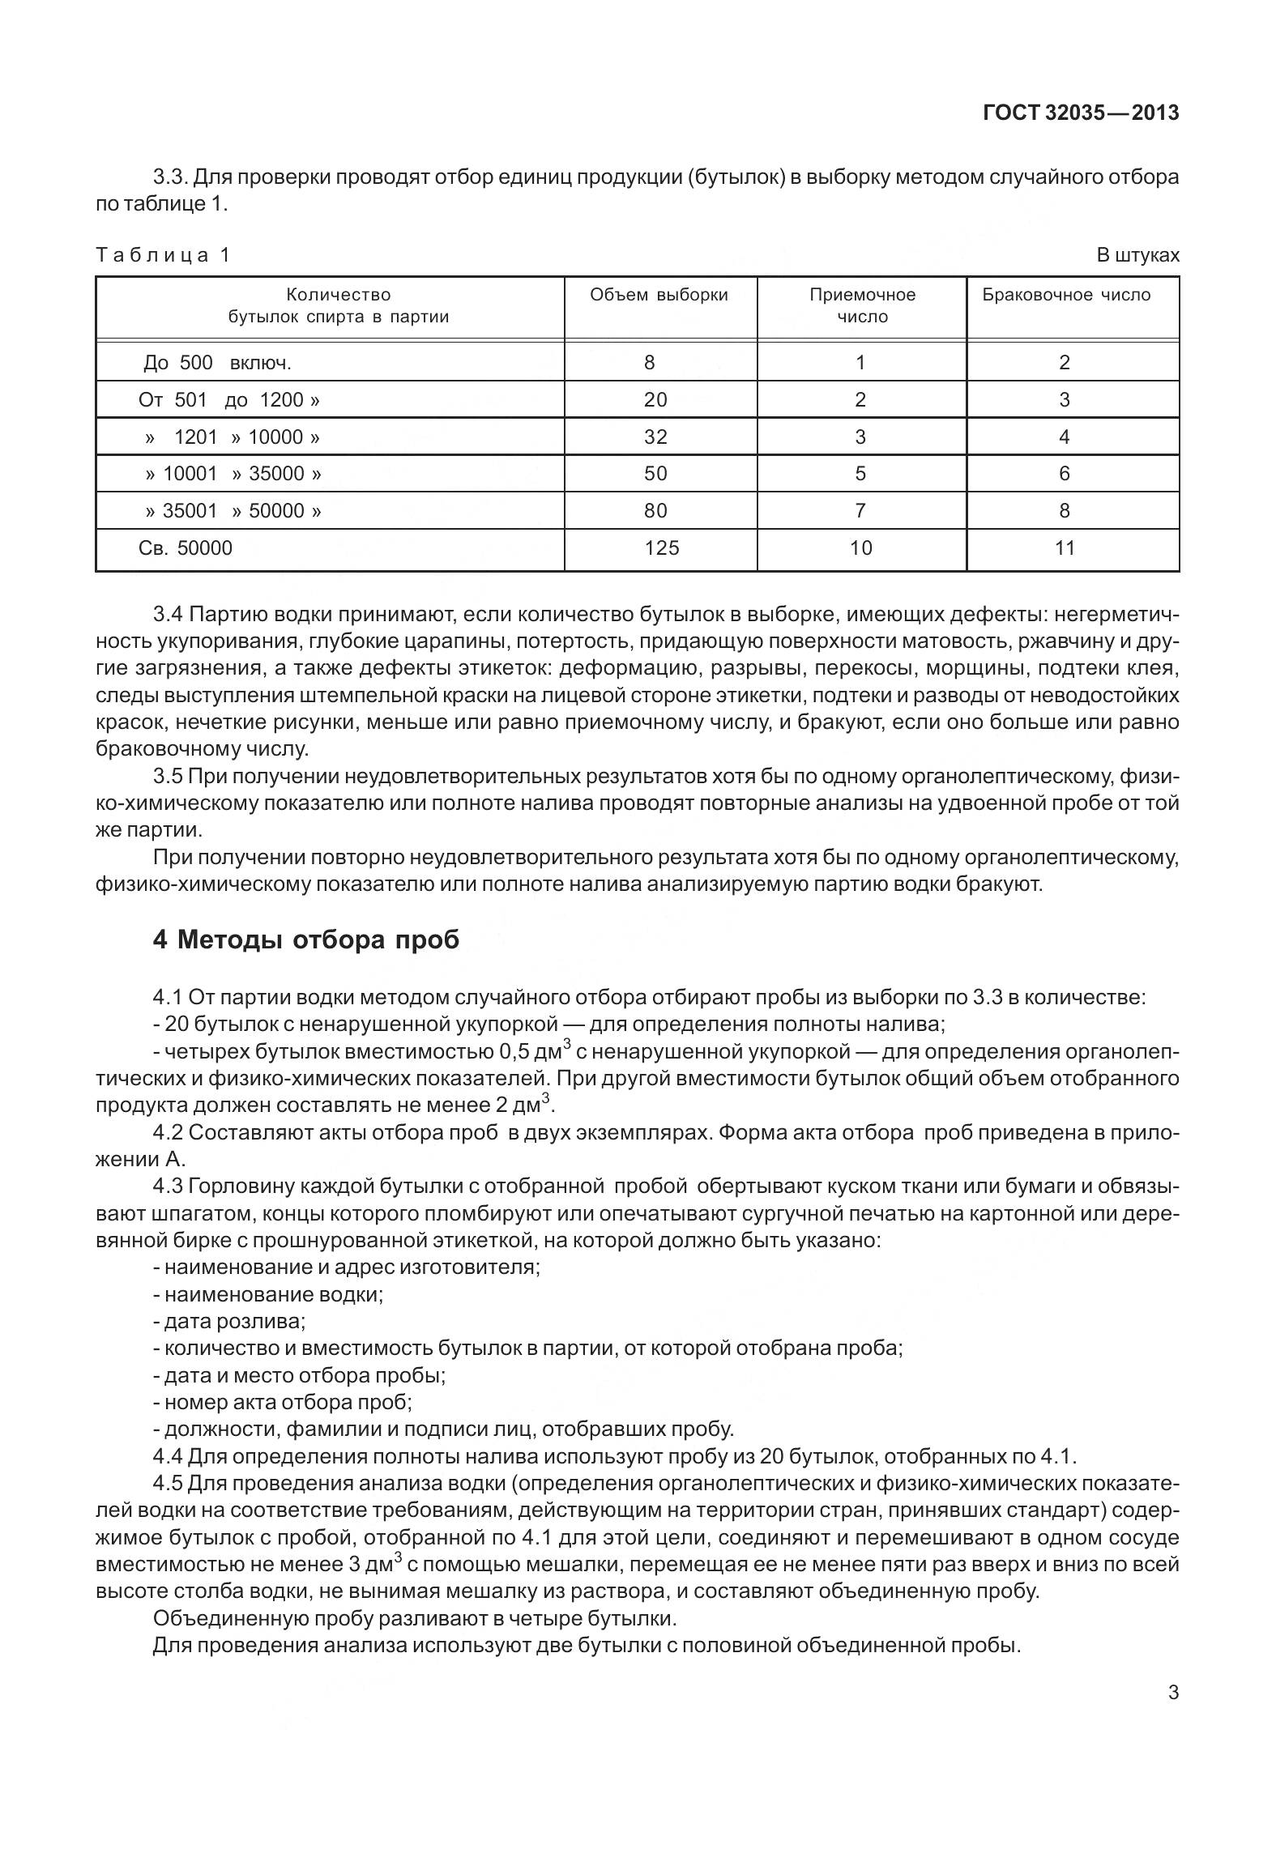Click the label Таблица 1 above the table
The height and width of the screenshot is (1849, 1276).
[163, 255]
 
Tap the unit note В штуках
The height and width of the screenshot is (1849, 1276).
[1137, 255]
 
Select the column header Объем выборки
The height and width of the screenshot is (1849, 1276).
[659, 295]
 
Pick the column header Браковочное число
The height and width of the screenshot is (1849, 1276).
[1066, 295]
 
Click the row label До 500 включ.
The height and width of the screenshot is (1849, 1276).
[216, 363]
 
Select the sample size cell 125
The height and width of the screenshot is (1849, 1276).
[661, 548]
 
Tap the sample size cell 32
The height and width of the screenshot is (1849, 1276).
[655, 437]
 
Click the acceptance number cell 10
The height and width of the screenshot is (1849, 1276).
[860, 548]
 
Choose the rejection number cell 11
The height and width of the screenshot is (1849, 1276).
[1065, 548]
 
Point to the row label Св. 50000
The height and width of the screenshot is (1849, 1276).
[186, 548]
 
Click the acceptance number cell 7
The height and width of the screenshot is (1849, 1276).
[860, 511]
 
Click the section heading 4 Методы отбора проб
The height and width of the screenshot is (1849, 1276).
[305, 939]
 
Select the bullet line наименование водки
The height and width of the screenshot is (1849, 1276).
[268, 1294]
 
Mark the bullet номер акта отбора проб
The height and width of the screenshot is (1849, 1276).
[283, 1401]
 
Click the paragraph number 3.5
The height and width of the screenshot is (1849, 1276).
[169, 777]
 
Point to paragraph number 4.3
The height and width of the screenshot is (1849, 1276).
[169, 1187]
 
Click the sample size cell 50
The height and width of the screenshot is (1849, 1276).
[655, 474]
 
